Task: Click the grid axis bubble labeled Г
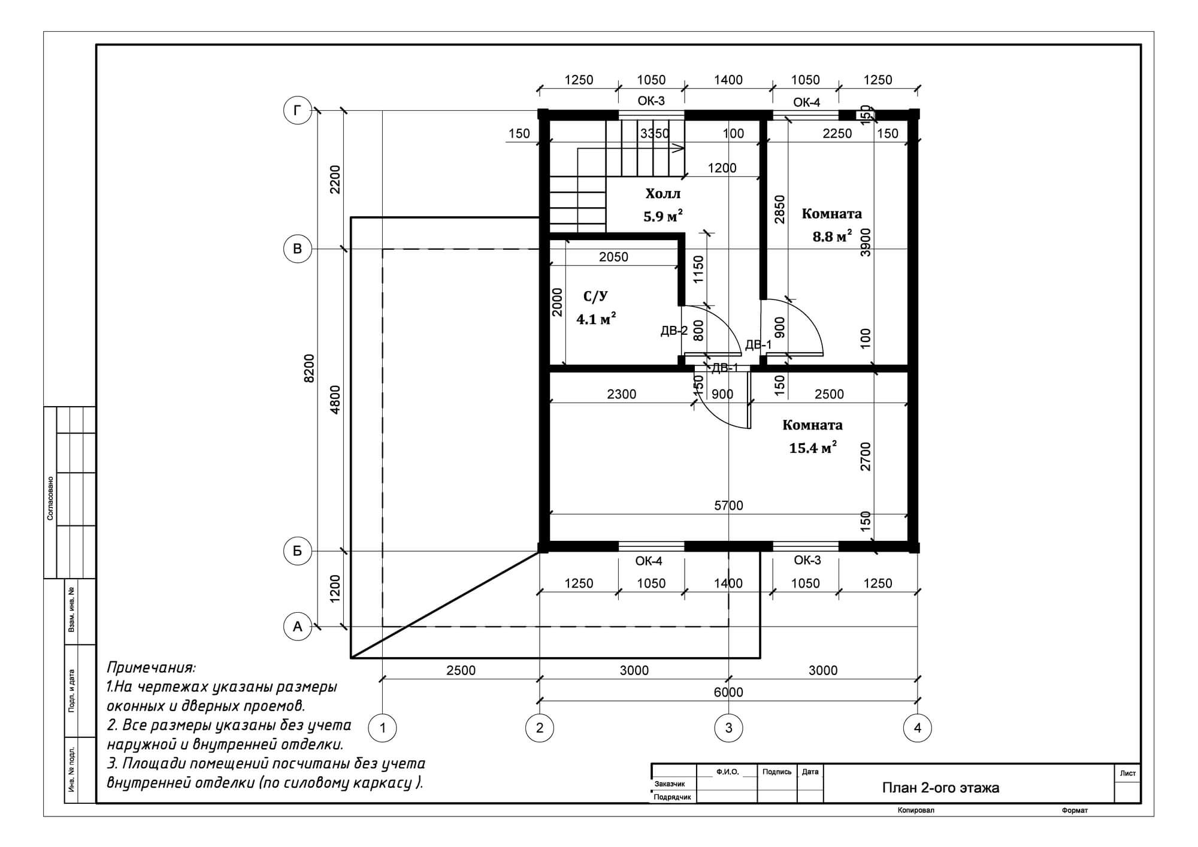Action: point(297,110)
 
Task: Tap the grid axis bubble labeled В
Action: point(297,249)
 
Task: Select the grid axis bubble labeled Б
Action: point(297,550)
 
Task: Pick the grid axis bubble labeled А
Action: point(297,627)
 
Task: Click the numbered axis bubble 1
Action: point(383,728)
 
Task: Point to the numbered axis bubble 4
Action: point(918,728)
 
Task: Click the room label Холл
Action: point(662,194)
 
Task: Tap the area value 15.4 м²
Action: point(813,447)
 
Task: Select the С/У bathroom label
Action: point(595,296)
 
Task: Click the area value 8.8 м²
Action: point(832,236)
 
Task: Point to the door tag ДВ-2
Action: point(674,331)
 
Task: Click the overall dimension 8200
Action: point(309,368)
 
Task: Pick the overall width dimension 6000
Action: point(728,692)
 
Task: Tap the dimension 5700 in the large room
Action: point(728,506)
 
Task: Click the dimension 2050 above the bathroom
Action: point(613,257)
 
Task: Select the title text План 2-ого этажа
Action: point(940,788)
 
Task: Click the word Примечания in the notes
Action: point(151,668)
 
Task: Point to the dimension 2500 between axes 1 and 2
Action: point(461,670)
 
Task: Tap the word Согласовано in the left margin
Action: point(50,498)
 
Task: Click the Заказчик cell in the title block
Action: point(670,784)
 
